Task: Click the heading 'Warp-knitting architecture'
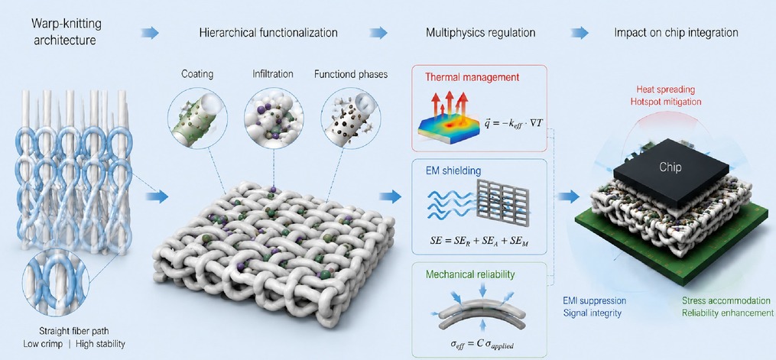[64, 31]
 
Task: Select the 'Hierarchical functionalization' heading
[268, 33]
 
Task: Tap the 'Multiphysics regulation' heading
[481, 33]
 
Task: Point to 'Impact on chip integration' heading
[676, 33]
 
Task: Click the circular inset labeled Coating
[197, 118]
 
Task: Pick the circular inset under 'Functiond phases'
[350, 118]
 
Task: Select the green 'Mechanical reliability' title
[470, 274]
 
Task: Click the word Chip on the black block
[670, 167]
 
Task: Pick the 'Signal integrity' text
[592, 313]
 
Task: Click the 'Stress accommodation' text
[726, 300]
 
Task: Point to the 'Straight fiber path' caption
[74, 331]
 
